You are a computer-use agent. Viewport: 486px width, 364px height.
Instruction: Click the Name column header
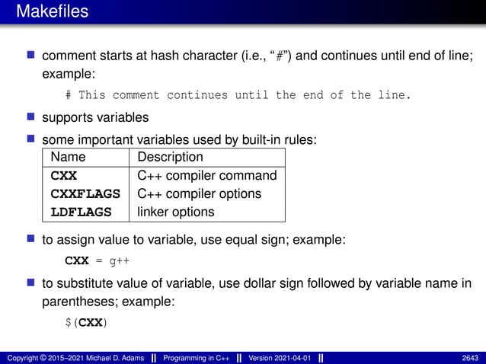[x=68, y=158]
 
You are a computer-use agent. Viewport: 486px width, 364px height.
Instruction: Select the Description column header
[x=170, y=158]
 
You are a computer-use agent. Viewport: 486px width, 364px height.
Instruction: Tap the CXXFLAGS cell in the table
[x=85, y=194]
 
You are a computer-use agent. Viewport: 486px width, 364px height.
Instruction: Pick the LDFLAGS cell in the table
[x=81, y=212]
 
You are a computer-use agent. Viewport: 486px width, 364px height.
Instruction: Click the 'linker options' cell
[x=176, y=212]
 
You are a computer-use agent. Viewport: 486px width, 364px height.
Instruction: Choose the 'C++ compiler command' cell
[x=206, y=176]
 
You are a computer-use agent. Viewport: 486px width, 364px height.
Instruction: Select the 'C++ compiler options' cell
[x=199, y=194]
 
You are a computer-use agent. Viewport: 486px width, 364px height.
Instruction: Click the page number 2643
[x=469, y=357]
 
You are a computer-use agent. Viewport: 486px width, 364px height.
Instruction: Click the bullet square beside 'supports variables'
[x=31, y=117]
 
